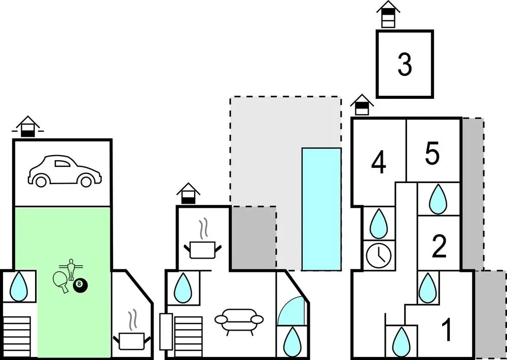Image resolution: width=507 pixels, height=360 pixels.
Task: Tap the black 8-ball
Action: [x=80, y=284]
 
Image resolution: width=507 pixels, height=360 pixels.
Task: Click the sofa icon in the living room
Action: [x=239, y=321]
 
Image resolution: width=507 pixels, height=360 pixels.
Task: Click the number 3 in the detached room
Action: [x=405, y=65]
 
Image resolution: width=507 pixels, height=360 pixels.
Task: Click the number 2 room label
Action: [x=439, y=247]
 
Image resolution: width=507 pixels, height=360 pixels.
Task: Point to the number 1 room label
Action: [x=447, y=330]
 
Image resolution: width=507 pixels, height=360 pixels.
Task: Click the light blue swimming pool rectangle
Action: [x=321, y=209]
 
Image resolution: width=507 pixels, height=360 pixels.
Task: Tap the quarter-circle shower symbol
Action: [x=291, y=311]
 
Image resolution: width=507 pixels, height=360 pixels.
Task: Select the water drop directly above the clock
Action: [x=379, y=224]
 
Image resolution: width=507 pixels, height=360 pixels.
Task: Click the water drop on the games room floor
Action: [x=19, y=286]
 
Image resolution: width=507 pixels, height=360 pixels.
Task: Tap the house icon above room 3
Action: [x=388, y=14]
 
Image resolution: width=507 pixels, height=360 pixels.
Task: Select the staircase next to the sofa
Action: [x=188, y=336]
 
